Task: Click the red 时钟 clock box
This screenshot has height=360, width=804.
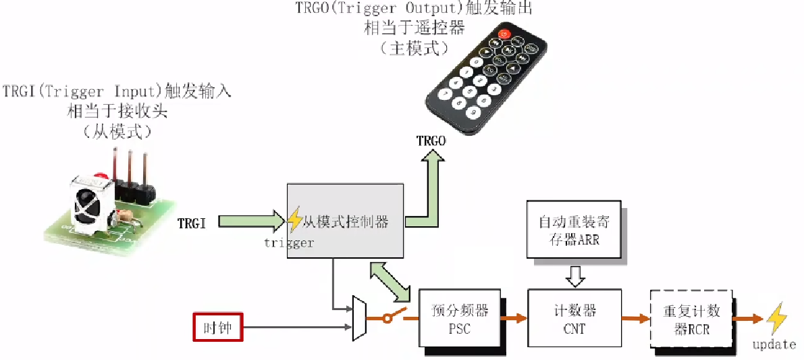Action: click(x=217, y=329)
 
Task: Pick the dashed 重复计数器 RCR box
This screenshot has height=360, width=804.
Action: click(x=692, y=320)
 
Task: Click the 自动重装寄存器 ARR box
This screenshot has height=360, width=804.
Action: click(x=573, y=230)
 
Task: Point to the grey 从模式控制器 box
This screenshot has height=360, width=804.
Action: click(x=346, y=220)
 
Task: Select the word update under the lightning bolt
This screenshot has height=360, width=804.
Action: click(x=774, y=344)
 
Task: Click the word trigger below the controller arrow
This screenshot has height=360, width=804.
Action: click(x=289, y=242)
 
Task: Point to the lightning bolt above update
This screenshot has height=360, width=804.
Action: click(x=776, y=318)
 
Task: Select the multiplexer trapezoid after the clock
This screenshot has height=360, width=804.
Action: click(x=359, y=318)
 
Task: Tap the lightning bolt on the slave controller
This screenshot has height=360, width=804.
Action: click(x=295, y=219)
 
